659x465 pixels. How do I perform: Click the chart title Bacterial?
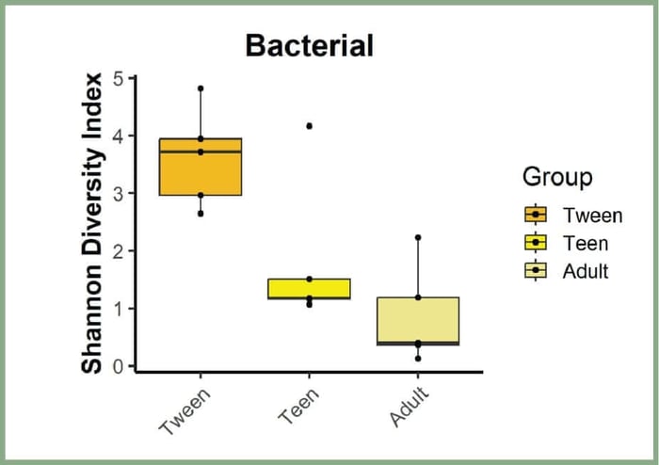tap(309, 45)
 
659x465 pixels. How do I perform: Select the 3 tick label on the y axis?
tap(118, 193)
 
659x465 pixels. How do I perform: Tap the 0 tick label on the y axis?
tap(118, 366)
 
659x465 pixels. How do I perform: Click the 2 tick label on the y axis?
tap(118, 251)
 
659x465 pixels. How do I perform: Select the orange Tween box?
tap(201, 169)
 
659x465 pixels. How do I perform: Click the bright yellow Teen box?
tap(309, 288)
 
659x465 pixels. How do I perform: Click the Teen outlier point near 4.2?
tap(309, 125)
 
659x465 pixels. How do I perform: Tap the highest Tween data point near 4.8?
tap(201, 88)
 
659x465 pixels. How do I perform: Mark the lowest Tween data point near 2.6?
tap(201, 214)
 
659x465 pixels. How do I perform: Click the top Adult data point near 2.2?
tap(418, 237)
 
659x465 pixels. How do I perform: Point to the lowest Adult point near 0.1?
tap(418, 359)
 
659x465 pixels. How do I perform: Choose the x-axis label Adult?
tap(407, 408)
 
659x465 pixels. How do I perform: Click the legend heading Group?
tap(557, 176)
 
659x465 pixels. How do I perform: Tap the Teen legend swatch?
tap(535, 243)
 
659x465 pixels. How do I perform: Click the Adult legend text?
tap(586, 271)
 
